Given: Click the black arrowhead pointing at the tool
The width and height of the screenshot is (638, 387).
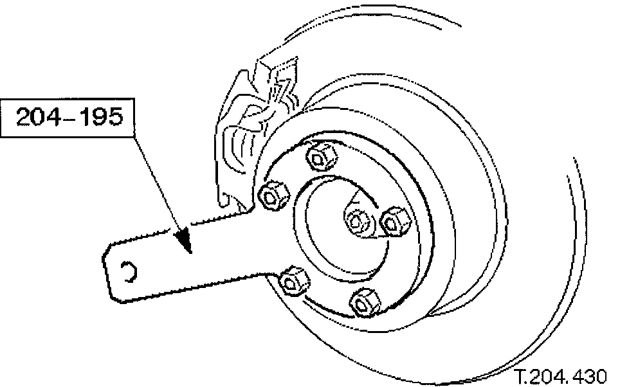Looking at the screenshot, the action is coord(185,237).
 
